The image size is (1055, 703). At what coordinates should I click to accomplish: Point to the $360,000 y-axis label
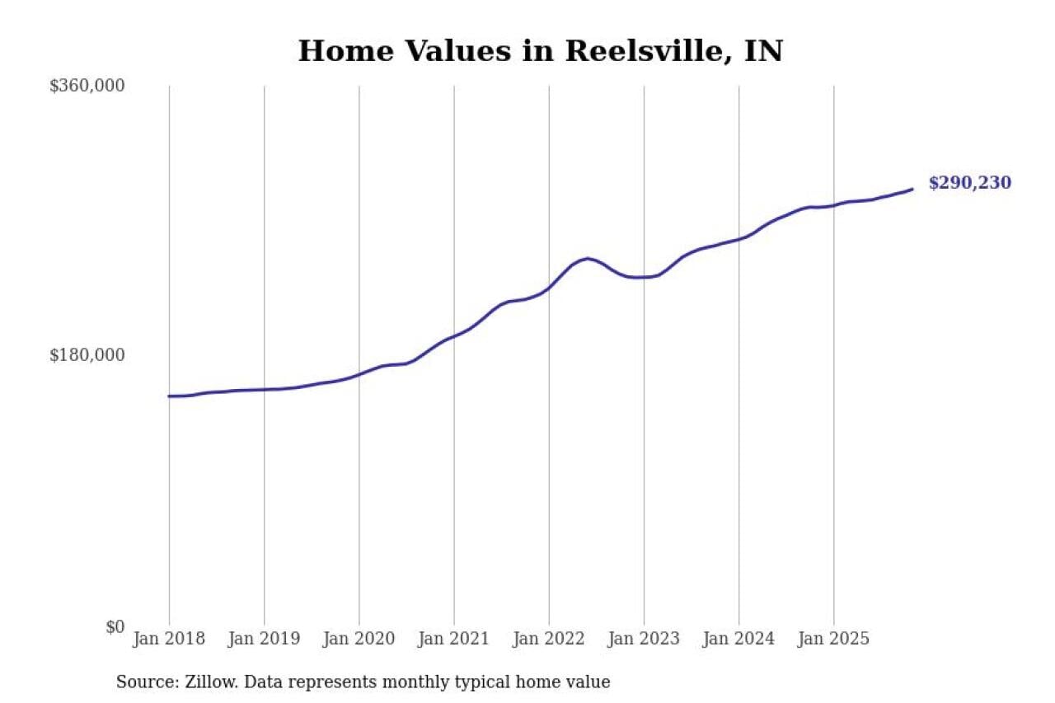(87, 86)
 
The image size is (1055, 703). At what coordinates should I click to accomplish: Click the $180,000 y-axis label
(87, 355)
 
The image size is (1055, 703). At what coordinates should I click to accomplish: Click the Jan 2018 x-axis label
(169, 639)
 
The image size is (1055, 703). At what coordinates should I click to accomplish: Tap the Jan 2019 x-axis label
(264, 639)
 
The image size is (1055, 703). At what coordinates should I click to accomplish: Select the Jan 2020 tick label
(359, 639)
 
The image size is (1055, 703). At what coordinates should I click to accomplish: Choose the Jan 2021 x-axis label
(454, 639)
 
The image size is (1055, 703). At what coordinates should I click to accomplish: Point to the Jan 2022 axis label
(549, 639)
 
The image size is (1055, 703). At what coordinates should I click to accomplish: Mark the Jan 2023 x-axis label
(644, 639)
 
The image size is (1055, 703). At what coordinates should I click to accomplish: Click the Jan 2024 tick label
(738, 639)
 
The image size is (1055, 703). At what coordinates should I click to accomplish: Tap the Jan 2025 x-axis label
(833, 639)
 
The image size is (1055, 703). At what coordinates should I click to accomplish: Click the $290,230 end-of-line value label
(969, 183)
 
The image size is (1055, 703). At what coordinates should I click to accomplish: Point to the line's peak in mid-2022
(587, 258)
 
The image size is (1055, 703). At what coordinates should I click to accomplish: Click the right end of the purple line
(912, 189)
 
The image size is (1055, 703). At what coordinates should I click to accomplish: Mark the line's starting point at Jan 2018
(169, 396)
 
